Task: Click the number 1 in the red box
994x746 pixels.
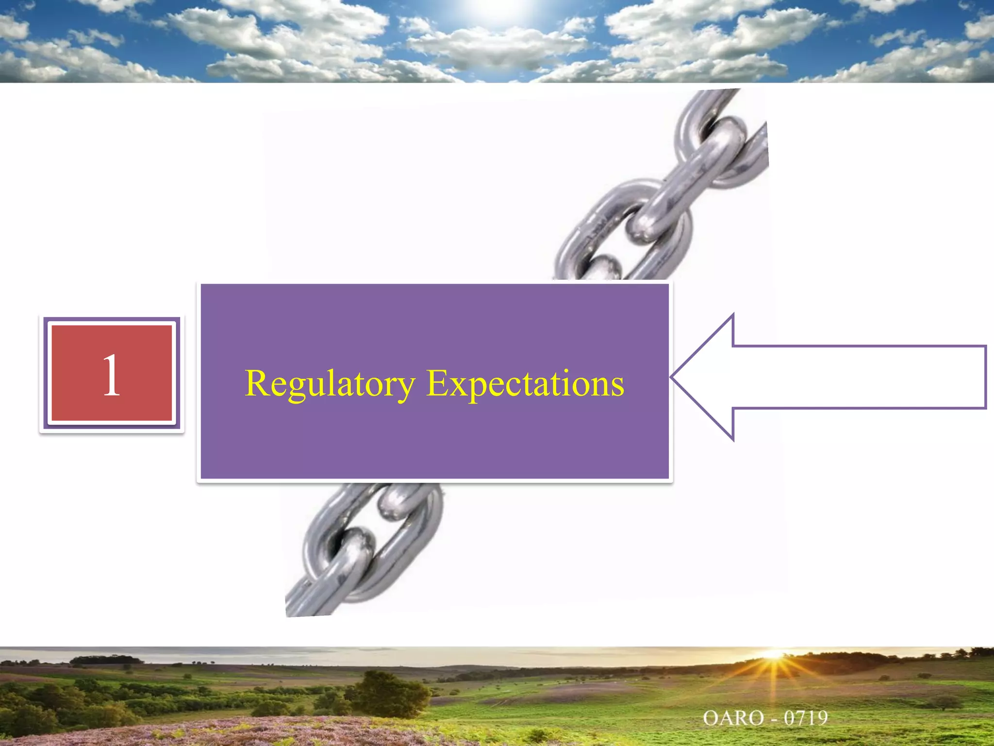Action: click(x=111, y=374)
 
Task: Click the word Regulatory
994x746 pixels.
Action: click(x=330, y=384)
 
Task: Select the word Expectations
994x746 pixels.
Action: click(x=525, y=384)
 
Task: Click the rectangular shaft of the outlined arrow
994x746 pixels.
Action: click(x=859, y=377)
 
